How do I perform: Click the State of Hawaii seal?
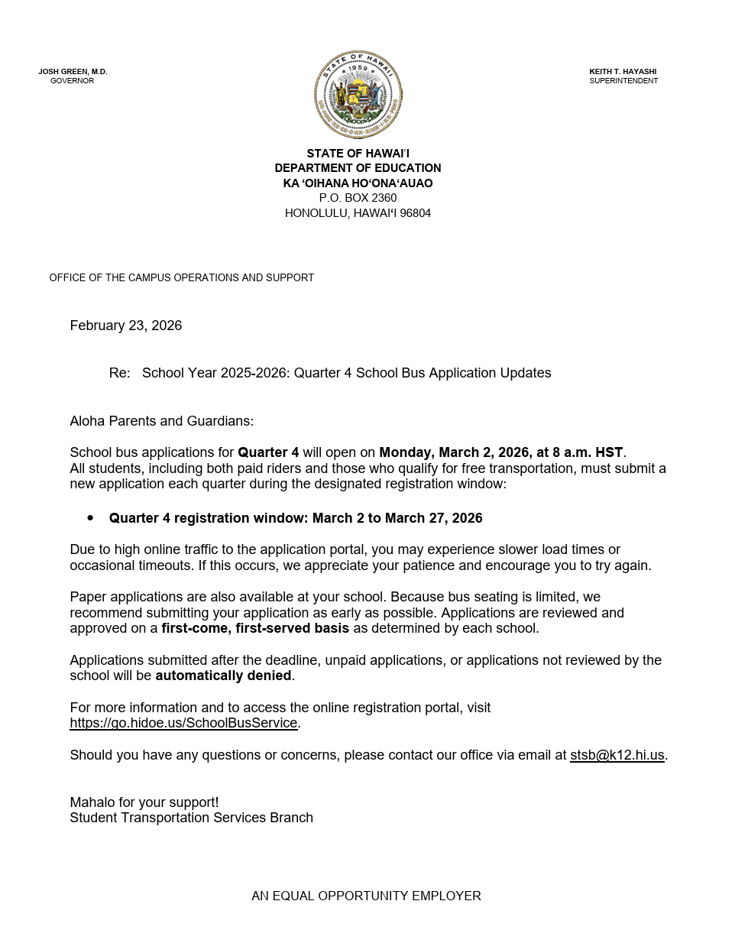pos(358,95)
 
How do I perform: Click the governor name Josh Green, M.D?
pos(73,72)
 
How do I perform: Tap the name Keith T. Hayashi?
pos(623,72)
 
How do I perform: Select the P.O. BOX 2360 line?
pos(358,198)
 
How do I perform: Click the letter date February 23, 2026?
pos(126,326)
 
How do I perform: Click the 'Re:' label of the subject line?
pos(119,373)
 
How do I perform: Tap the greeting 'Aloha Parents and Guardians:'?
pos(161,421)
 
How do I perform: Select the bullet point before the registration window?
pos(91,518)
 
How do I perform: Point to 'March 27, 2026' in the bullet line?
pos(433,518)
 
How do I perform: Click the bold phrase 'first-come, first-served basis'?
pos(255,628)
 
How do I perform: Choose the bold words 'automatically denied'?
pos(223,676)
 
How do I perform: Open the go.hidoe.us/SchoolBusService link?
pos(183,723)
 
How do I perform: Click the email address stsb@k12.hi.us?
pos(617,755)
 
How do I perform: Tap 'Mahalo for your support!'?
pos(144,802)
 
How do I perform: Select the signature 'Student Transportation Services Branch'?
pos(191,818)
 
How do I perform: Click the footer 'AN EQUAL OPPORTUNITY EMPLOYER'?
pos(366,896)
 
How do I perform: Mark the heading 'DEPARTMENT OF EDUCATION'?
pos(358,168)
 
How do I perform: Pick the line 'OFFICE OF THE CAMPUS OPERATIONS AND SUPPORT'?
pos(182,277)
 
